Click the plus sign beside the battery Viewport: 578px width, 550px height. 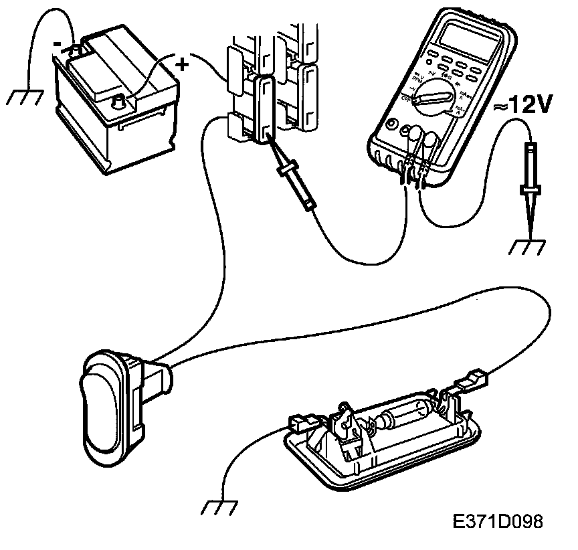coord(181,65)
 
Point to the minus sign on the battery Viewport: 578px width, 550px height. coord(59,44)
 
